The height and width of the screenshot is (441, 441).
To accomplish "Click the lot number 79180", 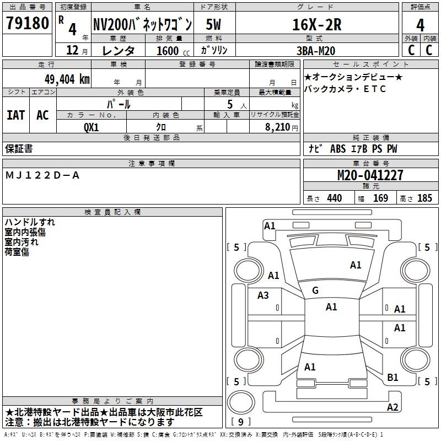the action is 27,24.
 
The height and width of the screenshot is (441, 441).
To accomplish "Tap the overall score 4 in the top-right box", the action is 421,25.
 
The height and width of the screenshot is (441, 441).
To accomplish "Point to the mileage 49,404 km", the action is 60,79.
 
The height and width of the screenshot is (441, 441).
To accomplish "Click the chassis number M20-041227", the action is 370,175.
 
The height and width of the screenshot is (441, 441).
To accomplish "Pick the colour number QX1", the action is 91,126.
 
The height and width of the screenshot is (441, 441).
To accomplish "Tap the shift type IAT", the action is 16,115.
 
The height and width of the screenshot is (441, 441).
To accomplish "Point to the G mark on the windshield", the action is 315,291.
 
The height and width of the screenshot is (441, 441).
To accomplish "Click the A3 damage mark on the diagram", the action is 263,295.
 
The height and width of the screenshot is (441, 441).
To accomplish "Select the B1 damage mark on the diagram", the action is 393,378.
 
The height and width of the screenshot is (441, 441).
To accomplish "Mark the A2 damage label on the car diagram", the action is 392,407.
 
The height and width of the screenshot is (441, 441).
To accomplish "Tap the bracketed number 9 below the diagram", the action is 241,422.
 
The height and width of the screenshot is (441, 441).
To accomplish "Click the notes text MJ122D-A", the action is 42,175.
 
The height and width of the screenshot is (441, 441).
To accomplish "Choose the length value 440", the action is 334,198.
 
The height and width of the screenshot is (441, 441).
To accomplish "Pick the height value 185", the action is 424,198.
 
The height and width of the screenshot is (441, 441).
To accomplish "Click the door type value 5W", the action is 214,25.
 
